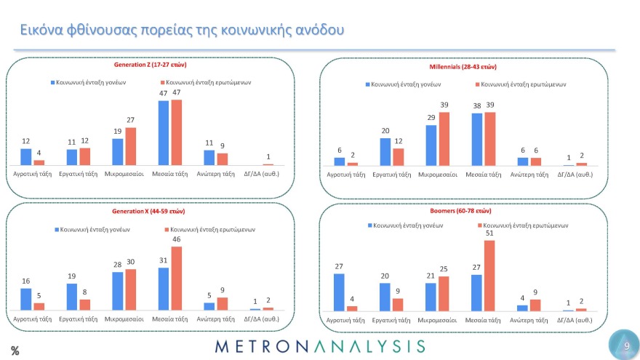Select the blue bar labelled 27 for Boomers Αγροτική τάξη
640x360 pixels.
click(339, 292)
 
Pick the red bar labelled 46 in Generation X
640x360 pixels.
click(177, 279)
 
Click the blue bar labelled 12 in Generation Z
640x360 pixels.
click(26, 157)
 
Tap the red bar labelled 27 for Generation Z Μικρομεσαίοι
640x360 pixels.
click(131, 147)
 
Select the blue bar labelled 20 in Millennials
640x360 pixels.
click(385, 152)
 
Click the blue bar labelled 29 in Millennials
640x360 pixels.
click(431, 145)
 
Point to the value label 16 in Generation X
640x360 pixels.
click(25, 280)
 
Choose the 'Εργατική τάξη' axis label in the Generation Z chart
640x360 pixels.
click(78, 174)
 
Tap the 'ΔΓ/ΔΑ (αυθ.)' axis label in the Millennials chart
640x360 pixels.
click(574, 175)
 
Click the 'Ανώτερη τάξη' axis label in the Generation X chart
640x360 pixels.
click(215, 319)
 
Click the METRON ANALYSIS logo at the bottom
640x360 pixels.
click(321, 345)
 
